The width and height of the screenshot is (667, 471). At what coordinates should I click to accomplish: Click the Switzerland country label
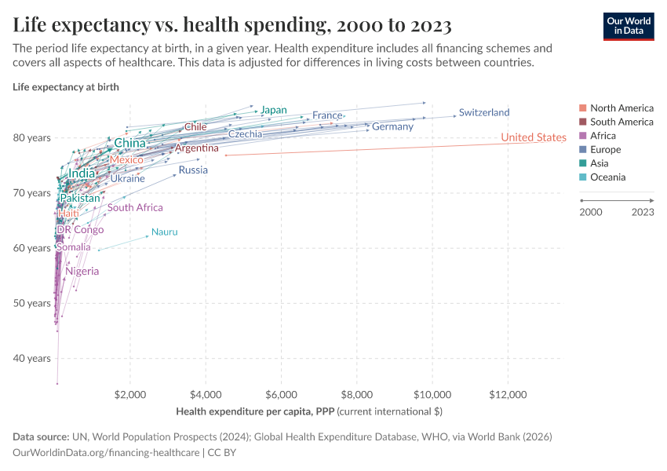point(484,112)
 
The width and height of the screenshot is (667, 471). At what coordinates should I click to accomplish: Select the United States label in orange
point(533,137)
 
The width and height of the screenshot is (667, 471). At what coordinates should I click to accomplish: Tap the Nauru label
point(165,232)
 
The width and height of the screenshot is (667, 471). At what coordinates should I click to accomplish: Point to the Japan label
point(274,110)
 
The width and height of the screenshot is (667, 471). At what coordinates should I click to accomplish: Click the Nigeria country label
point(82,271)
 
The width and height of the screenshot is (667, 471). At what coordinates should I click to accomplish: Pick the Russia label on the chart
point(193,170)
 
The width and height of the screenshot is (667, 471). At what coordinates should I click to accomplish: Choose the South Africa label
point(136,207)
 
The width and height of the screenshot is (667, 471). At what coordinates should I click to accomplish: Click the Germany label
point(392,126)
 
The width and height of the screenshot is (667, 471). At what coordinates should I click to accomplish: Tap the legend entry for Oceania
point(608,177)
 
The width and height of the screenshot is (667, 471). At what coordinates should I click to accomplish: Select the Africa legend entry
point(603,136)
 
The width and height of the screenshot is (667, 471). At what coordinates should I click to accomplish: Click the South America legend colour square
point(582,122)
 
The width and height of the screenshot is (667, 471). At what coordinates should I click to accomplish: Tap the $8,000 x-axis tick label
point(356,394)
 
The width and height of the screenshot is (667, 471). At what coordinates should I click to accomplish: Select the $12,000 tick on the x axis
point(507,394)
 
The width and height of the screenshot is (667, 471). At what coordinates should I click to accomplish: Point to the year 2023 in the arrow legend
point(643,212)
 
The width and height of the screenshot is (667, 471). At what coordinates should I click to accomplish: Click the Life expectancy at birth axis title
point(66,87)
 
